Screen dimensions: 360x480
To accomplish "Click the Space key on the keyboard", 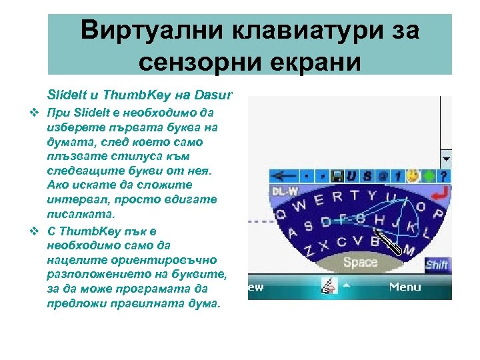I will pos(360,262).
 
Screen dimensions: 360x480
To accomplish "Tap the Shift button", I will pos(437,265).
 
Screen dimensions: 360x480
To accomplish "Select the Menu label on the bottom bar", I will pos(405,287).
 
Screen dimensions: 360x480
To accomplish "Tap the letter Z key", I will pos(309,252).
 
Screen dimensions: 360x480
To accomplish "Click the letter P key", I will pos(438,213).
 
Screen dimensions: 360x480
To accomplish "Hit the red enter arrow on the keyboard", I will pos(439,193).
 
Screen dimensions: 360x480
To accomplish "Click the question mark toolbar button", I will pos(444,176).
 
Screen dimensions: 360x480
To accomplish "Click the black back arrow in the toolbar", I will pos(283,176).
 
